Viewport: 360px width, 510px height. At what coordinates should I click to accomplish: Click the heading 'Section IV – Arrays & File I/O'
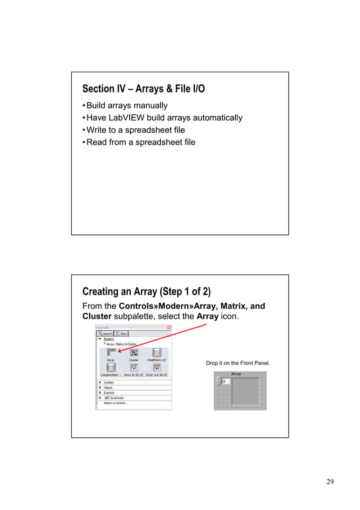pos(143,89)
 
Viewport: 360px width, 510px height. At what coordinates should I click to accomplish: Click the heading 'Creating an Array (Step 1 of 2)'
pos(146,292)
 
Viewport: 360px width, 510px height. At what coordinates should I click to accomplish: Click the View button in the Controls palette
pos(121,333)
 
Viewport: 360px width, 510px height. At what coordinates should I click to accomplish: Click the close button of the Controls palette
pos(169,328)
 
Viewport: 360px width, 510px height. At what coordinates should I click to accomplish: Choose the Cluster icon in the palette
pos(134,354)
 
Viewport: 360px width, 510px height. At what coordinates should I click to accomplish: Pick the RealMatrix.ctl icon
pos(157,354)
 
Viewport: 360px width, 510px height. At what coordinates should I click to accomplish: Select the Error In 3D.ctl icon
pos(134,369)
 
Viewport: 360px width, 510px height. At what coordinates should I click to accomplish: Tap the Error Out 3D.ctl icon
pos(157,369)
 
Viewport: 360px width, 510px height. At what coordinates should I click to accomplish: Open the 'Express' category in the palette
pos(108,393)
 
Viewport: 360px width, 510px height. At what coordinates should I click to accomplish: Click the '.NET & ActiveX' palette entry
pos(111,398)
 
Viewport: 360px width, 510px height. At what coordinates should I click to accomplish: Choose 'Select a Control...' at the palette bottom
pos(115,403)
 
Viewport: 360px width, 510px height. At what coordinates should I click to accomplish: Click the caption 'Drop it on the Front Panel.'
pos(238,363)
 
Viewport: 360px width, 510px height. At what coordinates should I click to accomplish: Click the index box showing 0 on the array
pos(225,382)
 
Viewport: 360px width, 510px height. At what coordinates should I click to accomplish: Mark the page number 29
pos(330,482)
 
